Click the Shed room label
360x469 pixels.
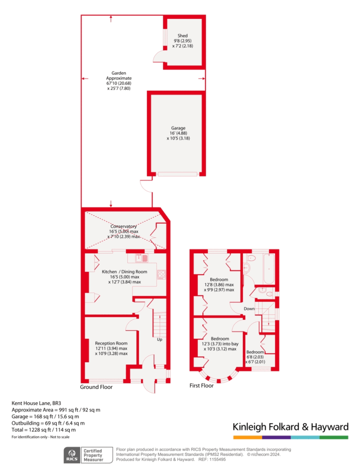pyautogui.click(x=183, y=36)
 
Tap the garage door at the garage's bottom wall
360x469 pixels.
pyautogui.click(x=177, y=174)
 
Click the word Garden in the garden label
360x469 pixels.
pyautogui.click(x=119, y=73)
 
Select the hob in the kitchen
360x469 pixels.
pyautogui.click(x=162, y=275)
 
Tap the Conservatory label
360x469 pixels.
pyautogui.click(x=124, y=226)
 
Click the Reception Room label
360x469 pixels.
pyautogui.click(x=111, y=343)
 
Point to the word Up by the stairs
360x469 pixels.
pyautogui.click(x=159, y=339)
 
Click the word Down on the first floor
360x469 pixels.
pyautogui.click(x=249, y=309)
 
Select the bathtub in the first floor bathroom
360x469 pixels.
pyautogui.click(x=268, y=269)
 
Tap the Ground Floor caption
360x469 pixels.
pyautogui.click(x=96, y=387)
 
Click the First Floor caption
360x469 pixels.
pyautogui.click(x=202, y=386)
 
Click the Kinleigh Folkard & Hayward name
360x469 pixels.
pyautogui.click(x=291, y=427)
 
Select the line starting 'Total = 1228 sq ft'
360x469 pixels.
pyautogui.click(x=44, y=430)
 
